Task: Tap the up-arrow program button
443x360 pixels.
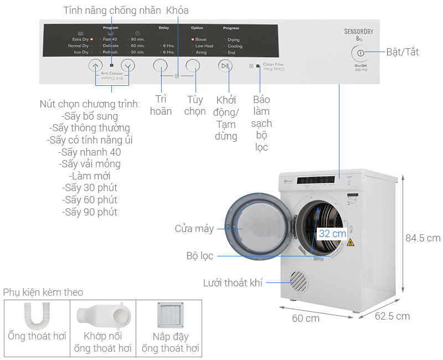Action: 95,65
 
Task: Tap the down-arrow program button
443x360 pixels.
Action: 128,65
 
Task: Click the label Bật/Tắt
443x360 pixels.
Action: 403,53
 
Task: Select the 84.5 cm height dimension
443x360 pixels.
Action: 423,238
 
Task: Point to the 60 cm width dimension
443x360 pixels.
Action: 306,318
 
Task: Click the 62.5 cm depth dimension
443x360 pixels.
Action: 392,316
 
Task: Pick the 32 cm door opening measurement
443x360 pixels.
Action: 332,234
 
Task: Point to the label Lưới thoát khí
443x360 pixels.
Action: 233,283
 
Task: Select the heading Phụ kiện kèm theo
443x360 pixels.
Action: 43,292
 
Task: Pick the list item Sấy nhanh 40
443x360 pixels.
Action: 90,152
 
